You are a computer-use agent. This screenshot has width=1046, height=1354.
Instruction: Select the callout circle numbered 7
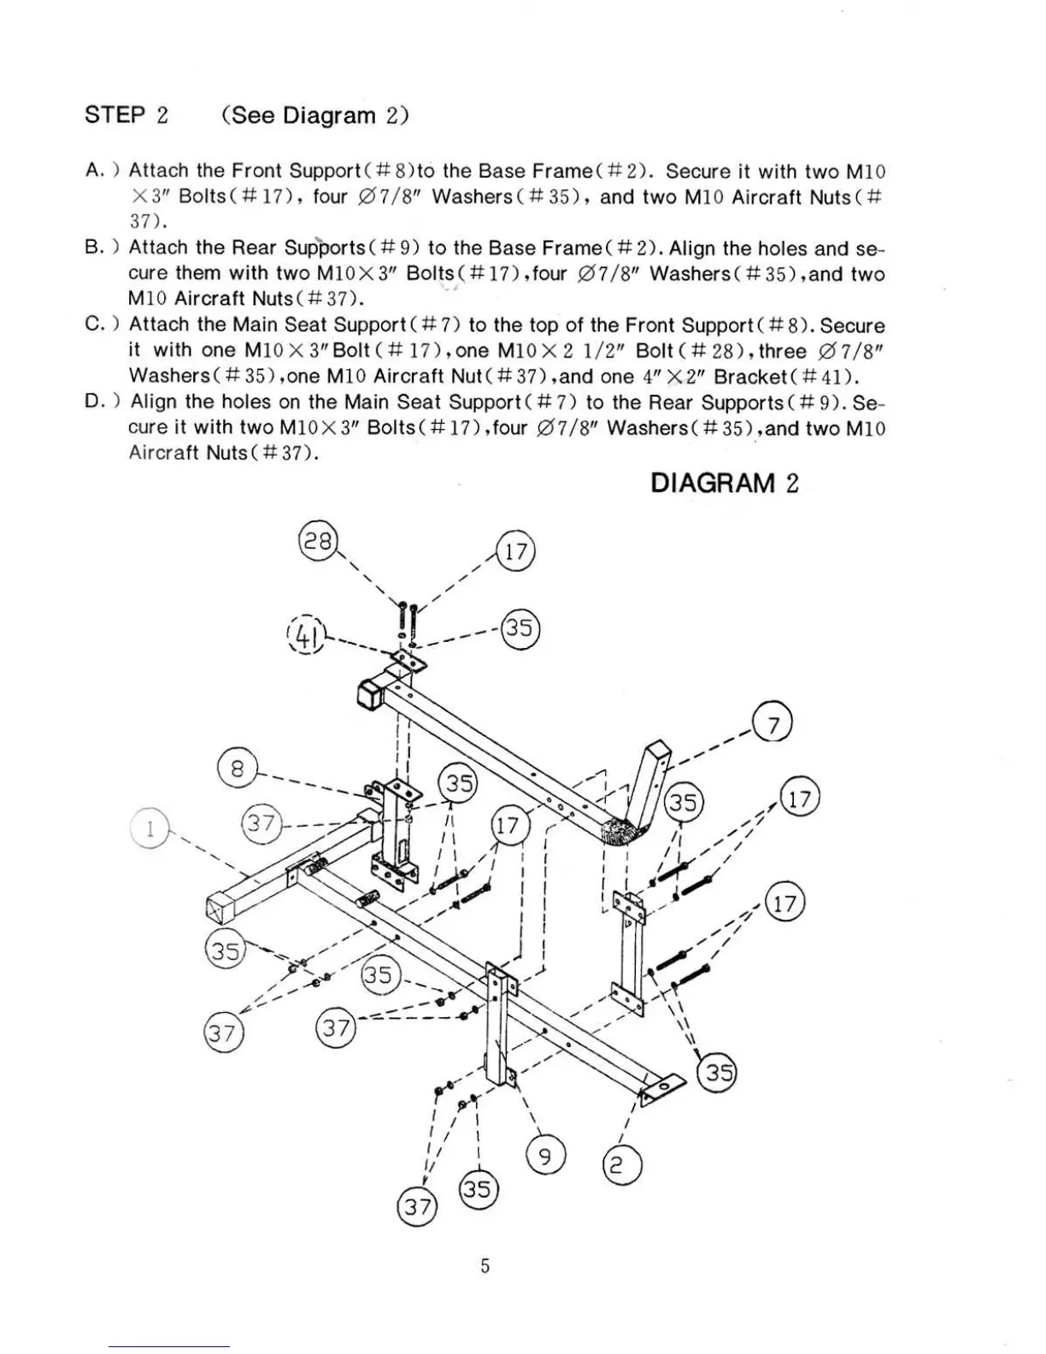[773, 725]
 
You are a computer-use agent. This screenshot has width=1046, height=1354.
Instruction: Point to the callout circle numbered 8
[237, 768]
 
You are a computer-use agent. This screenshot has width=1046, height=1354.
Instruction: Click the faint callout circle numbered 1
[150, 828]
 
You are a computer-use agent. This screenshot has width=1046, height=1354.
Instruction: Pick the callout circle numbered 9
[547, 1157]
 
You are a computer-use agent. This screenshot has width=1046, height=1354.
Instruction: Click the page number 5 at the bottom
[485, 1266]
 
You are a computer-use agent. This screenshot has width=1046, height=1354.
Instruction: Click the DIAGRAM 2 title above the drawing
[724, 483]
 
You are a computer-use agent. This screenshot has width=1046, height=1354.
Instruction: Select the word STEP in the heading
[115, 115]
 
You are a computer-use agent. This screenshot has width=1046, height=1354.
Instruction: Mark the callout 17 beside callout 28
[515, 551]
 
